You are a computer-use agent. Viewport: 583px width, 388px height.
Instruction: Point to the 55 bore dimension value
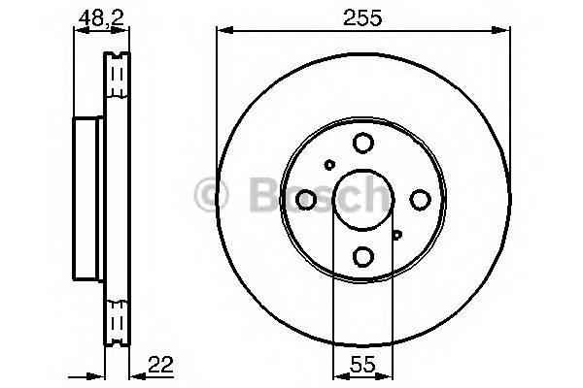coord(362,365)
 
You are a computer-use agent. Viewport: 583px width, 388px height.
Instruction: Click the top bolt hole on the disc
coord(362,144)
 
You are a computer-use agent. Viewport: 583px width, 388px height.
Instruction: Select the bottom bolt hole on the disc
coord(362,256)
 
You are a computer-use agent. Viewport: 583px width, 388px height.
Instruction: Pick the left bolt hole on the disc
coord(306,200)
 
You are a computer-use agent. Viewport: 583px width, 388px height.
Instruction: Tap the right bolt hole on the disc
coord(420,200)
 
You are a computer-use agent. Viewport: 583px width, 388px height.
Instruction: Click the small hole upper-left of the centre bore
coord(329,165)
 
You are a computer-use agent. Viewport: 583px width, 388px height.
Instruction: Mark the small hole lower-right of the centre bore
coord(396,234)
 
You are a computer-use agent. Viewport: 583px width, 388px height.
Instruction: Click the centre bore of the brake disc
coord(362,200)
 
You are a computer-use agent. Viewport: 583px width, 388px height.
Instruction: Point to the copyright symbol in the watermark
coord(211,193)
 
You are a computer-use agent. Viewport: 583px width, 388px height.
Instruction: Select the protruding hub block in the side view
coord(88,199)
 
